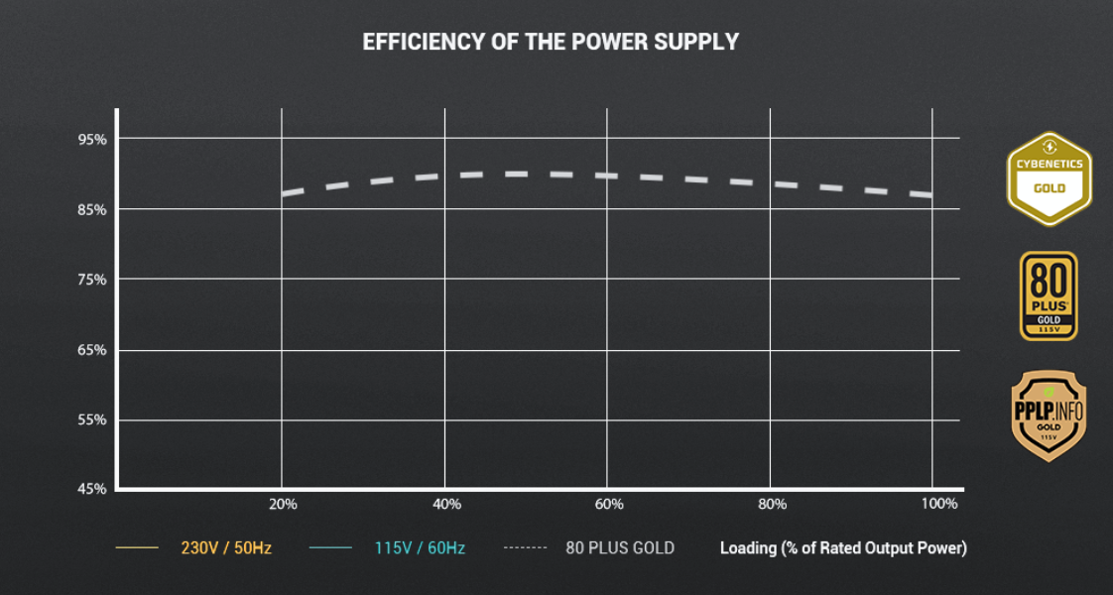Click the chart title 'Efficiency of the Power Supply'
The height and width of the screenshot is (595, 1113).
(551, 42)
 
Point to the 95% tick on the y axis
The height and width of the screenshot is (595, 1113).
(92, 139)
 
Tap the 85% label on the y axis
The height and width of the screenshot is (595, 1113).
(92, 209)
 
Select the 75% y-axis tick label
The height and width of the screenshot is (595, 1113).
(92, 280)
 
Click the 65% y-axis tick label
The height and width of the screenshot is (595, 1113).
(92, 350)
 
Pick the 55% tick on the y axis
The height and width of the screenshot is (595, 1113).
(92, 419)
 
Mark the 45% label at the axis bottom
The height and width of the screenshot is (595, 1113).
(92, 489)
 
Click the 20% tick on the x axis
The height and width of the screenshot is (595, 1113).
(283, 504)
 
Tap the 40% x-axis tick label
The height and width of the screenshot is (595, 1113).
(447, 504)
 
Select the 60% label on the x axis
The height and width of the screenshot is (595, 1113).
(609, 504)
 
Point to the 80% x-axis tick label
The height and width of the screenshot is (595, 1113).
(772, 504)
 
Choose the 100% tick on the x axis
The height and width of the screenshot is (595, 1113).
(938, 504)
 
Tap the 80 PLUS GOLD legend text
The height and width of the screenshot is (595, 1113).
(620, 547)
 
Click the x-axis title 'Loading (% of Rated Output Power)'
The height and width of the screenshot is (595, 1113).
(843, 547)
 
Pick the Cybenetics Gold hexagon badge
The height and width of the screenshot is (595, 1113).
(1049, 178)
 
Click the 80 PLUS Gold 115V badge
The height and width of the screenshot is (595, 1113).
(1049, 296)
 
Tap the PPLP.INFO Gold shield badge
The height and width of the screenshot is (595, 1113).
(1049, 416)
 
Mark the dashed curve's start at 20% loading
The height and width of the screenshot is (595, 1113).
(285, 193)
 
